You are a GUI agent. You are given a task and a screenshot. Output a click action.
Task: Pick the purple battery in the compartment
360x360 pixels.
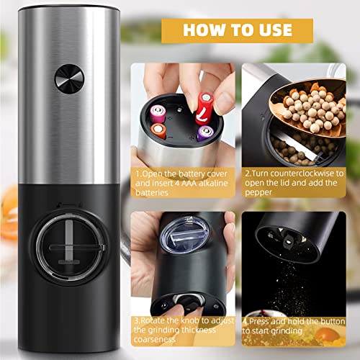coord(204,134)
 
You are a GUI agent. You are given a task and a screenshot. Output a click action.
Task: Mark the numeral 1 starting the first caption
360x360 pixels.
coord(135,174)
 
